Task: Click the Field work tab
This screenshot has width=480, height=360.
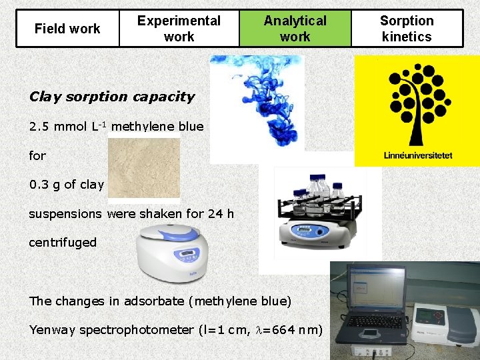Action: pyautogui.click(x=67, y=29)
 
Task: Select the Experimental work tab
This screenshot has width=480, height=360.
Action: pyautogui.click(x=179, y=29)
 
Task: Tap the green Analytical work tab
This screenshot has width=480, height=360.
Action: pyautogui.click(x=295, y=29)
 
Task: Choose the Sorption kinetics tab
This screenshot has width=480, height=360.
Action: pyautogui.click(x=407, y=29)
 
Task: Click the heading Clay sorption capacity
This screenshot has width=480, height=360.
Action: pyautogui.click(x=112, y=97)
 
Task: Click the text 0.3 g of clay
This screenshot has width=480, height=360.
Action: pyautogui.click(x=66, y=185)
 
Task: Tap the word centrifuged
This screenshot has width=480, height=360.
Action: pyautogui.click(x=63, y=243)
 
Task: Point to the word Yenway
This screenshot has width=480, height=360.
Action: pyautogui.click(x=52, y=330)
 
